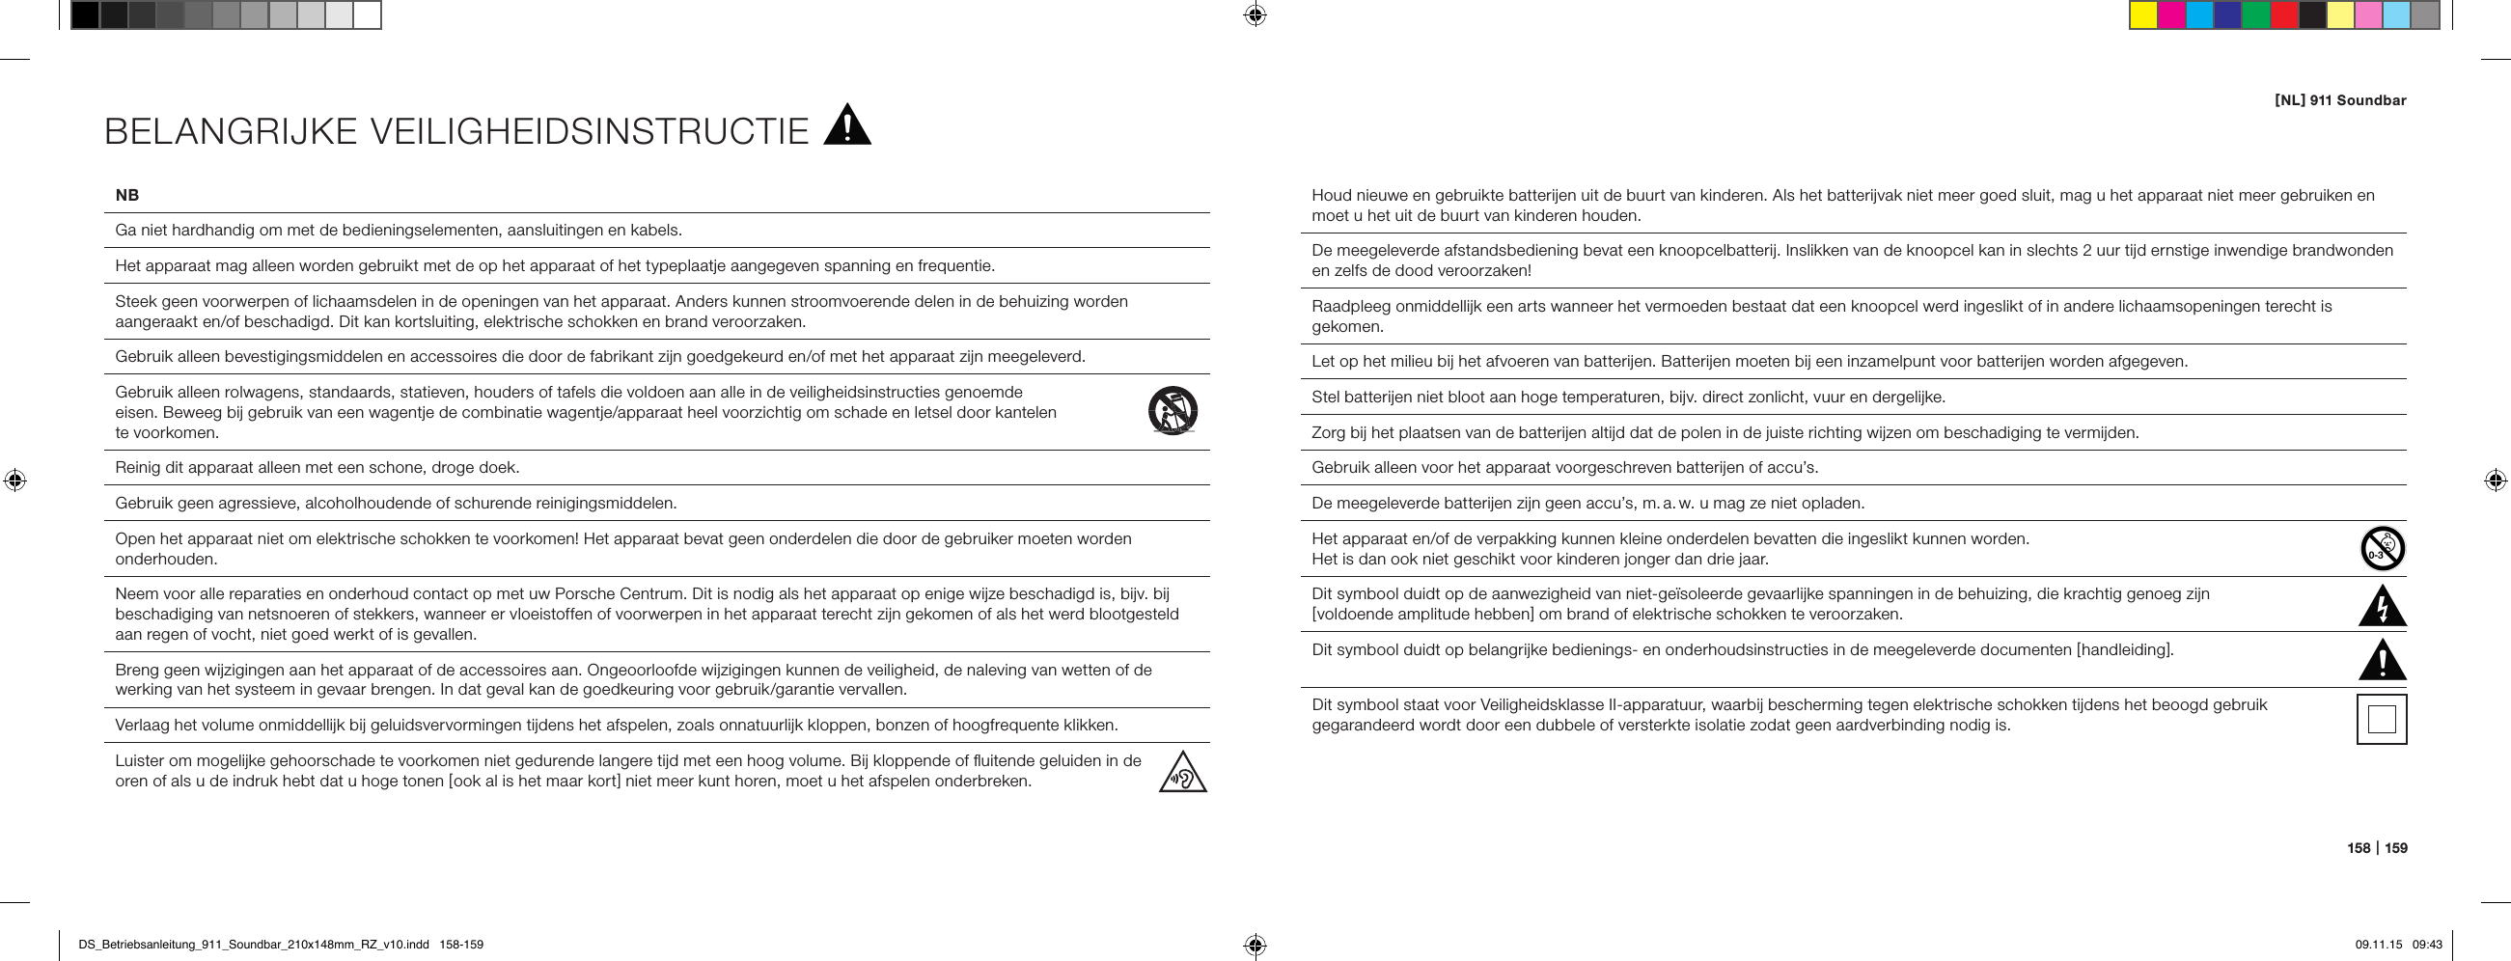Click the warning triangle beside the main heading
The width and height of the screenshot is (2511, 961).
[x=847, y=127]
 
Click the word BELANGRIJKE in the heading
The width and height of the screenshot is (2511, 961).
[x=230, y=131]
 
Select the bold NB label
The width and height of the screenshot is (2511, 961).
[x=126, y=195]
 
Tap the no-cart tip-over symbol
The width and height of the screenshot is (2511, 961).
[x=1172, y=410]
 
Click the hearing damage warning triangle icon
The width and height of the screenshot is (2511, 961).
[x=1182, y=774]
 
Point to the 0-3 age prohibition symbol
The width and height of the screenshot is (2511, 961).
[x=2382, y=549]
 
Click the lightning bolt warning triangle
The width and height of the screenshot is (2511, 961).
[x=2382, y=606]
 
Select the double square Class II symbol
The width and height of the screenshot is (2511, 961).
[x=2382, y=719]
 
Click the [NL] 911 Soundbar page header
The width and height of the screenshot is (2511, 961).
[x=2339, y=100]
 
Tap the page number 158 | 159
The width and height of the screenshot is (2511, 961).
[x=2377, y=848]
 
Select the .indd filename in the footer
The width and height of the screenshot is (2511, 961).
[x=254, y=945]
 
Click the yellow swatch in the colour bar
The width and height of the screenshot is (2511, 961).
[x=2142, y=15]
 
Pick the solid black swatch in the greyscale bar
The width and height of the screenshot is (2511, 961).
[x=85, y=15]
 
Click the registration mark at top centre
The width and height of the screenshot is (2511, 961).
[x=1255, y=14]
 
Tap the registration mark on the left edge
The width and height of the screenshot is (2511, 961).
[x=14, y=480]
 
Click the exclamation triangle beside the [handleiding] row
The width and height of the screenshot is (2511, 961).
[x=2382, y=662]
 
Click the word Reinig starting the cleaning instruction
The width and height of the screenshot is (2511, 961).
[x=138, y=468]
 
